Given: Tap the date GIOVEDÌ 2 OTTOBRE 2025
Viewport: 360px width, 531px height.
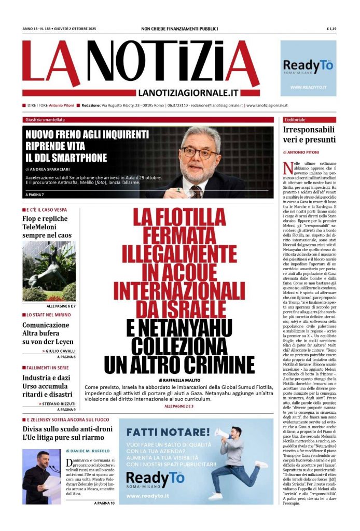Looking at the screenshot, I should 73,29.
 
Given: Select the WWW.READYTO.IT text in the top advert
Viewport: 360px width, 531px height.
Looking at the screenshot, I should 308,87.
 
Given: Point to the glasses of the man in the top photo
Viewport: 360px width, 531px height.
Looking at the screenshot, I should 200,153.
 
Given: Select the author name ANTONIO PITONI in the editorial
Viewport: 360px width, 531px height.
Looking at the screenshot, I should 304,152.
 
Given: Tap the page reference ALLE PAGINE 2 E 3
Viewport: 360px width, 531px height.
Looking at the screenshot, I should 178,406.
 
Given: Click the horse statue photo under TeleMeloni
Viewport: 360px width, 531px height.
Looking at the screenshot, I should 49,271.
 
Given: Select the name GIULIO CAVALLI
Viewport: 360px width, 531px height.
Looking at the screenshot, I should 59,351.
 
